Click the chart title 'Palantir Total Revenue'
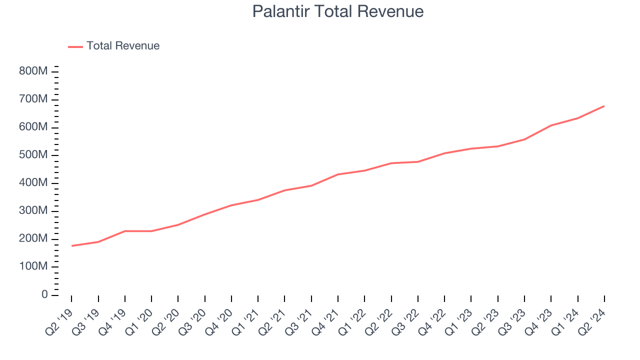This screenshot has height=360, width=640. tap(337, 11)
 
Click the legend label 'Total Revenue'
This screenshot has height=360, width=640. tap(123, 46)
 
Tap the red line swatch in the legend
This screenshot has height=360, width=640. tap(75, 46)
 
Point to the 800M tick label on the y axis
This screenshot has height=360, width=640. tap(33, 71)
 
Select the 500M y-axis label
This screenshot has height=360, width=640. tap(33, 155)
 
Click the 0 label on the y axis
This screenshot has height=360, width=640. tap(45, 295)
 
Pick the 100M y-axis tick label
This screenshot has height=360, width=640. tap(33, 267)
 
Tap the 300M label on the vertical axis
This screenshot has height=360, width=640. tap(33, 211)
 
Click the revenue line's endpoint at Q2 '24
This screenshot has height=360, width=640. tap(604, 106)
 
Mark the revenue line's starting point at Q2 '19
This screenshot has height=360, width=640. tap(71, 246)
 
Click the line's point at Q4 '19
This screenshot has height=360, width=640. tap(125, 231)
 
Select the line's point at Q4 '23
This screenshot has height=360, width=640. tap(551, 125)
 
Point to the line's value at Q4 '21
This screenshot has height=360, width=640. tap(338, 174)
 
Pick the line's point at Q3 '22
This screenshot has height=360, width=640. tap(418, 161)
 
